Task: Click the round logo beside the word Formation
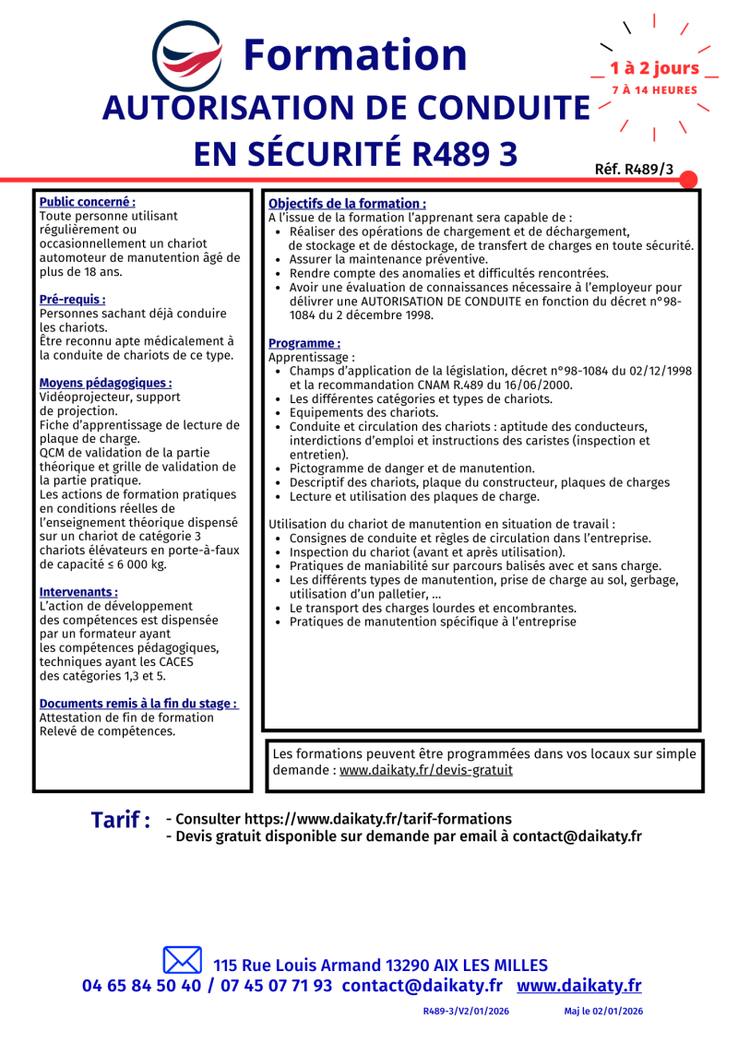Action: click(x=187, y=56)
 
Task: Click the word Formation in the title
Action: click(x=355, y=55)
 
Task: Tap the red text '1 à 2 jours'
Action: click(x=654, y=68)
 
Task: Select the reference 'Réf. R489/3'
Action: click(x=635, y=169)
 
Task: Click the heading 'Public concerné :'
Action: click(x=88, y=201)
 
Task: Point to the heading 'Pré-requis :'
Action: click(x=72, y=300)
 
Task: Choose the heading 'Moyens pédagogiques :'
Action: click(x=105, y=383)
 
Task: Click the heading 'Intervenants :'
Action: click(x=78, y=592)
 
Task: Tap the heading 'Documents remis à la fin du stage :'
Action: click(x=138, y=704)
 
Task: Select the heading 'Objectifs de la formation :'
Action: click(x=347, y=203)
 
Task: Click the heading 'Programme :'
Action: click(x=304, y=343)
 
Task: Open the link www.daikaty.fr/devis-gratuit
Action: click(x=426, y=770)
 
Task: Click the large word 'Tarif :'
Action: click(x=121, y=820)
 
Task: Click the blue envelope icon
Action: click(x=182, y=960)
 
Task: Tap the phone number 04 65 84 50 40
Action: click(x=141, y=986)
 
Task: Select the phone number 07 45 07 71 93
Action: click(x=277, y=986)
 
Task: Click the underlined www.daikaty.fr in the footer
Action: click(x=578, y=986)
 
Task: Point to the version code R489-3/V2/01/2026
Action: click(x=466, y=1012)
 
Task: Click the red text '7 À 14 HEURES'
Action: click(x=654, y=90)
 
